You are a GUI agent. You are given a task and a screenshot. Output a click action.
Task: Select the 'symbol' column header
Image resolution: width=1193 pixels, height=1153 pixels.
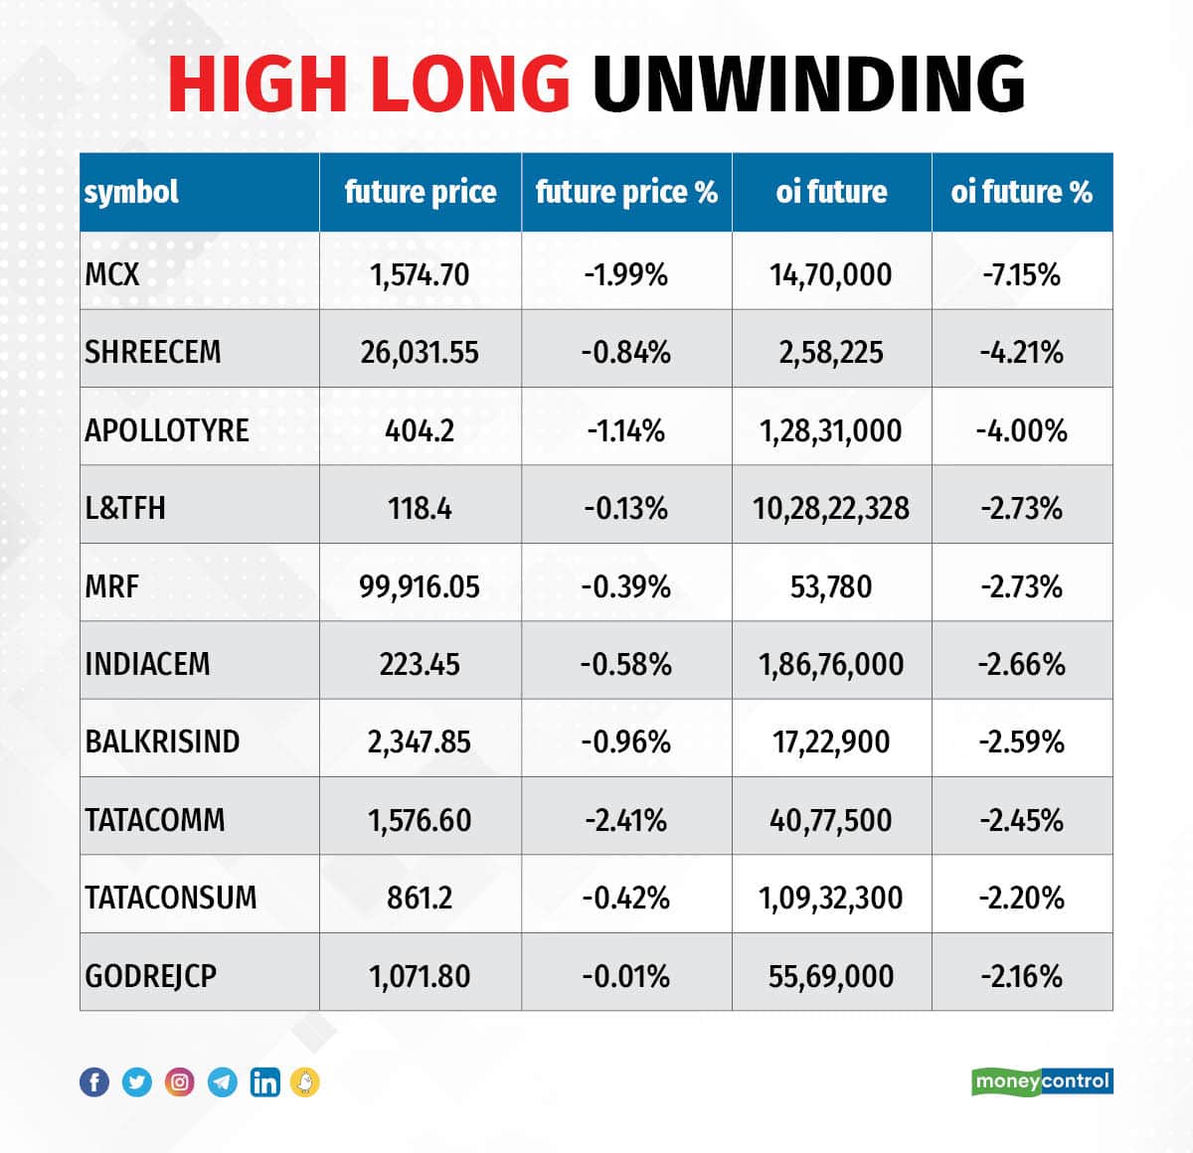click(x=131, y=192)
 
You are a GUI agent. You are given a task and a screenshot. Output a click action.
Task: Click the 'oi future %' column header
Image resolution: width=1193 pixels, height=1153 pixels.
click(x=1021, y=192)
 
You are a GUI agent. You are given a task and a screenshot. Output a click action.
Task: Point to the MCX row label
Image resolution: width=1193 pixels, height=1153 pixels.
click(x=112, y=273)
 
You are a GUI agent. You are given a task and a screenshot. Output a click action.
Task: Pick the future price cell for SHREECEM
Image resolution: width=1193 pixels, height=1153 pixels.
click(x=420, y=352)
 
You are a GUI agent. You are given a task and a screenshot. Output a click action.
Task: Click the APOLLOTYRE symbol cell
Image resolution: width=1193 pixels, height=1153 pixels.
click(x=167, y=430)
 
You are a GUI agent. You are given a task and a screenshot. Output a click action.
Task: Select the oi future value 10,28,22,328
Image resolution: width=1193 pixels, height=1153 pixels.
click(x=830, y=508)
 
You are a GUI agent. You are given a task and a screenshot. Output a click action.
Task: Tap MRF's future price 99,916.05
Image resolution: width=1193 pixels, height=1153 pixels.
click(x=420, y=586)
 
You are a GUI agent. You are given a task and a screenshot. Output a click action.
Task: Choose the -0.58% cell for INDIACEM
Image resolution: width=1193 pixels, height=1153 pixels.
click(x=626, y=664)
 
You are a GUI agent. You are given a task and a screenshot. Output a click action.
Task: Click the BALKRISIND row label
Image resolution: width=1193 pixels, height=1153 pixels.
click(x=162, y=741)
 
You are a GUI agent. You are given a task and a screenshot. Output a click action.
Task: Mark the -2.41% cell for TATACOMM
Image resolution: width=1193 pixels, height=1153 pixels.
click(x=626, y=820)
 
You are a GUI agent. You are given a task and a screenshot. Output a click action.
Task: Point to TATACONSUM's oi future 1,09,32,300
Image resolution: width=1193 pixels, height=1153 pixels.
click(x=830, y=898)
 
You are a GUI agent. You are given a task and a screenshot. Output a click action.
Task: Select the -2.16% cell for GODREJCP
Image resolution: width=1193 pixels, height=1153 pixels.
click(x=1021, y=976)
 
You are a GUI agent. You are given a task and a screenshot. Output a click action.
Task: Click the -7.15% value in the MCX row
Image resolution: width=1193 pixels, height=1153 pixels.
click(x=1021, y=273)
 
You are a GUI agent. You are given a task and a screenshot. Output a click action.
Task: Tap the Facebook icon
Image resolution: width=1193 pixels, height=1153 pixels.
click(x=94, y=1081)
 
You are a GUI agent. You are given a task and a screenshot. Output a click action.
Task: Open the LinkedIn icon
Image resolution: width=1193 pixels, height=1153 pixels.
click(x=264, y=1081)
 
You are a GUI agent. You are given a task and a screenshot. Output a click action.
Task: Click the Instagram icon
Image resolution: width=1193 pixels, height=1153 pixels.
click(x=179, y=1081)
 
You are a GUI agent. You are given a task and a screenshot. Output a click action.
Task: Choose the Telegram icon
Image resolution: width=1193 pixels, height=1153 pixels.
click(x=222, y=1081)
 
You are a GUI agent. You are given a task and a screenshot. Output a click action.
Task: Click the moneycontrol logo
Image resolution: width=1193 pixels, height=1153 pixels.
click(x=1042, y=1080)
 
